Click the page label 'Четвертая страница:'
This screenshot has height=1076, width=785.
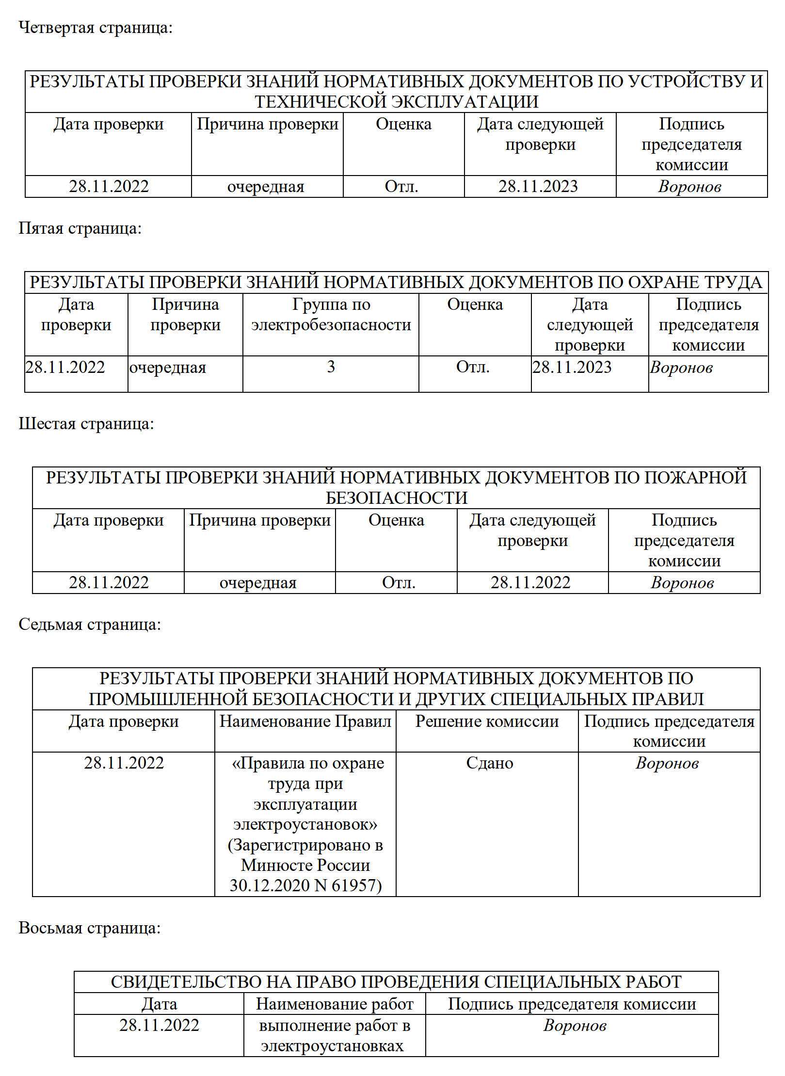pos(96,28)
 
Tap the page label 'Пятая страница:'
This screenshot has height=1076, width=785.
pos(80,228)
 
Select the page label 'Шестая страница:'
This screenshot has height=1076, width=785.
pos(86,424)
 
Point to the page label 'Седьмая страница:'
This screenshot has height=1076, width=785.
pos(90,625)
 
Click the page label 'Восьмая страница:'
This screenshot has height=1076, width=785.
pos(90,928)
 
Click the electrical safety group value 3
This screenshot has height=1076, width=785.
pos(331,367)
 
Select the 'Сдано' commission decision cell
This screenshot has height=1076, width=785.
pos(489,763)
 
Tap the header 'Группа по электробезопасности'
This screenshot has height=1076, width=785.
pos(331,315)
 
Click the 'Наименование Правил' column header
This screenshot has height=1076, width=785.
pos(305,722)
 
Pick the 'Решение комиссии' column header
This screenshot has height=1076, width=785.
pos(487,722)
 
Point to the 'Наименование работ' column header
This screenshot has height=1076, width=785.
pos(335,1004)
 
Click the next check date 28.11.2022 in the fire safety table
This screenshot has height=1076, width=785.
pos(530,582)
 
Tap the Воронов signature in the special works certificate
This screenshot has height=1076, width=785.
pos(575,1026)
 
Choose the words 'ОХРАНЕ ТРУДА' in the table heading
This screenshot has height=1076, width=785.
pos(695,282)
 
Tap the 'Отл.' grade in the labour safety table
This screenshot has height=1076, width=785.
pos(473,367)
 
